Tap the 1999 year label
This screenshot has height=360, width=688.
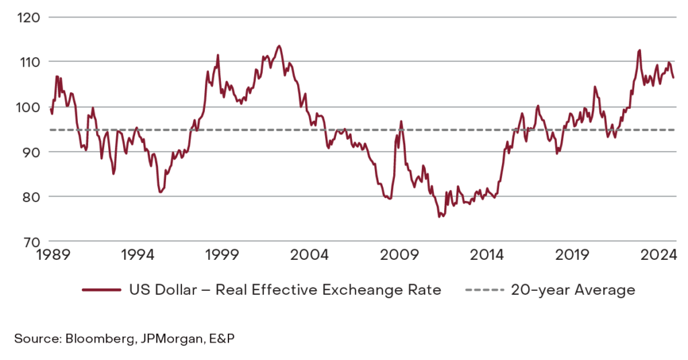pyautogui.click(x=224, y=255)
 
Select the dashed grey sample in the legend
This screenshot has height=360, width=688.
pyautogui.click(x=484, y=290)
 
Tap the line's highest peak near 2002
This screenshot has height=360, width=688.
pyautogui.click(x=279, y=46)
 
